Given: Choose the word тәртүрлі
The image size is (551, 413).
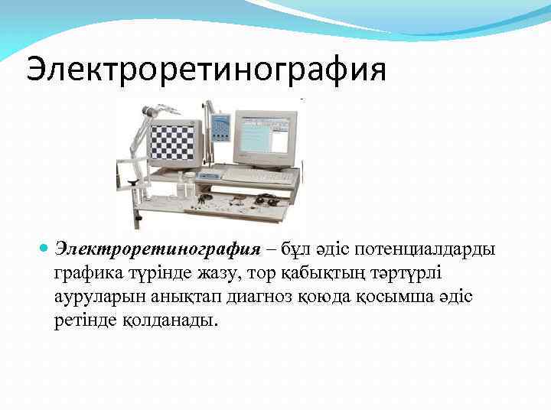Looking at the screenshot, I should pos(415,273).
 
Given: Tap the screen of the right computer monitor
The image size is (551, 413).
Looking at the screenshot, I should pos(264,135).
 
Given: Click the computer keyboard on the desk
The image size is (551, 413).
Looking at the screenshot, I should pos(259,177).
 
